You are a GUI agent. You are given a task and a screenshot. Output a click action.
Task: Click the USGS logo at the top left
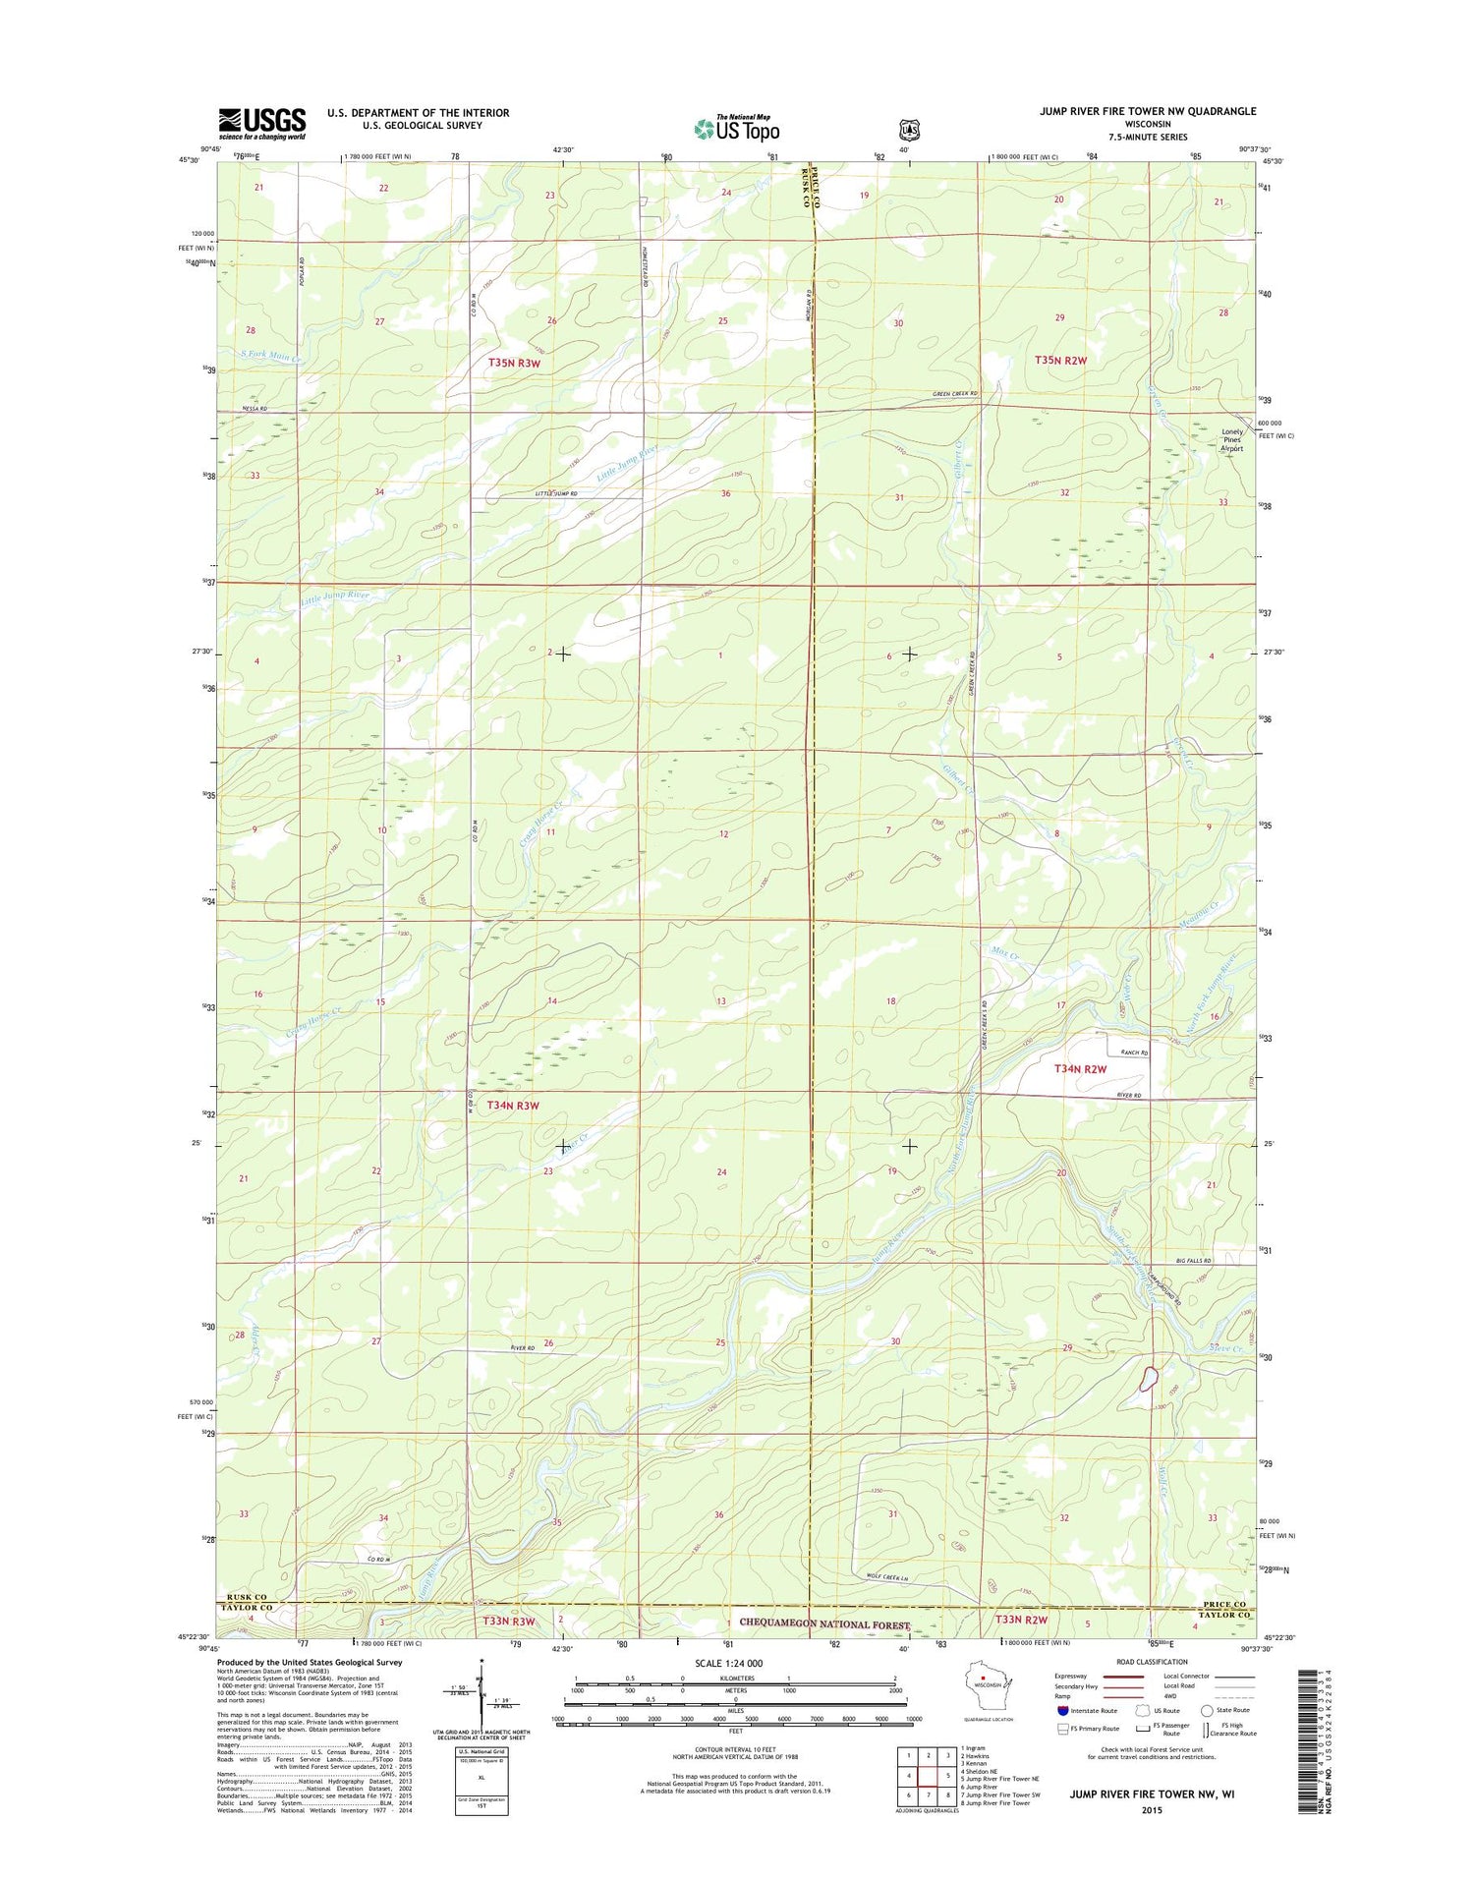point(261,123)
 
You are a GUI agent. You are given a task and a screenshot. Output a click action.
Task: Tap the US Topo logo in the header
point(736,128)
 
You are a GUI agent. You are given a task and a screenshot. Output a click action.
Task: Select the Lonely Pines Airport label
point(1231,440)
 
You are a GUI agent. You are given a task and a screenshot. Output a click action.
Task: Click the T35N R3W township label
point(514,364)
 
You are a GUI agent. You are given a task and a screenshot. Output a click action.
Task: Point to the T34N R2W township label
point(1080,1068)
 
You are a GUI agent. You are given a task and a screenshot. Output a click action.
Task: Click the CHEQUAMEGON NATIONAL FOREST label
point(824,1624)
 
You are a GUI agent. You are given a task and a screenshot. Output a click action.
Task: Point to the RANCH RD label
point(1134,1053)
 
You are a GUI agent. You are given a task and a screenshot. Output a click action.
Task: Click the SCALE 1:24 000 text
point(728,1663)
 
